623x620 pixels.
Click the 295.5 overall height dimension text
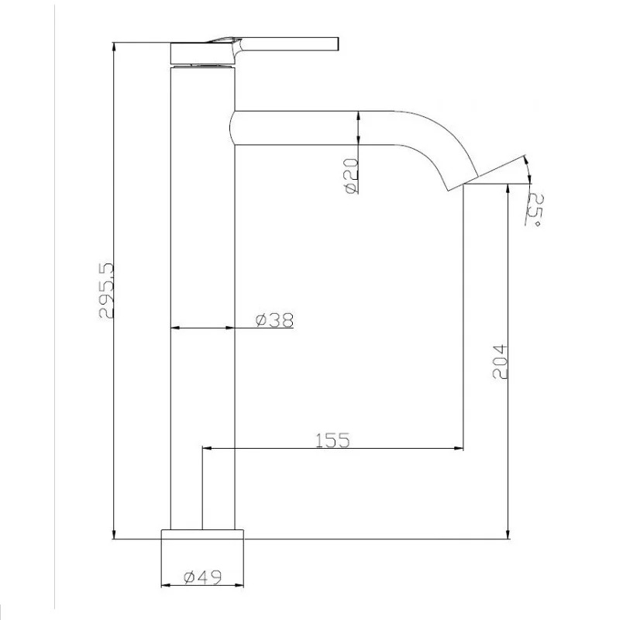pyautogui.click(x=106, y=290)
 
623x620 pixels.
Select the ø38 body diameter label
pyautogui.click(x=274, y=319)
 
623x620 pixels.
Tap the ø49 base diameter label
pyautogui.click(x=203, y=577)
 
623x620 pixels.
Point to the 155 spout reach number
pyautogui.click(x=332, y=440)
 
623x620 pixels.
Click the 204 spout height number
pyautogui.click(x=500, y=362)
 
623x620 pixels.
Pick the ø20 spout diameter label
pyautogui.click(x=352, y=176)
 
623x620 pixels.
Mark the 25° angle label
pyautogui.click(x=535, y=210)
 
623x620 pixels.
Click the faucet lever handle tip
pyautogui.click(x=336, y=44)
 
